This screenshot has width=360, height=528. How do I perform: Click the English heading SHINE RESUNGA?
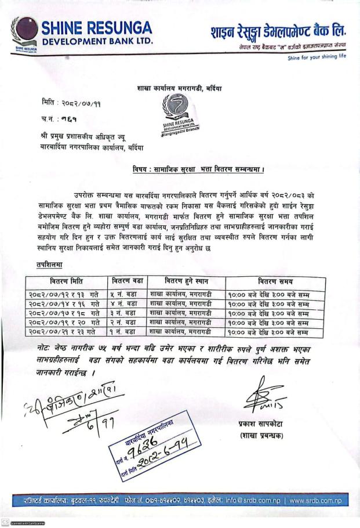pos(96,27)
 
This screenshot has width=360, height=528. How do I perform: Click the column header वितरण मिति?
pos(58,281)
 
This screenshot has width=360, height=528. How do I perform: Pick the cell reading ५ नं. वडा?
pos(123,295)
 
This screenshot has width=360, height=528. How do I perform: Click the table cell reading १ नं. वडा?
pos(123,332)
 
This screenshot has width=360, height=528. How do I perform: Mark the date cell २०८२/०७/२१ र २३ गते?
pos(62,332)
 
